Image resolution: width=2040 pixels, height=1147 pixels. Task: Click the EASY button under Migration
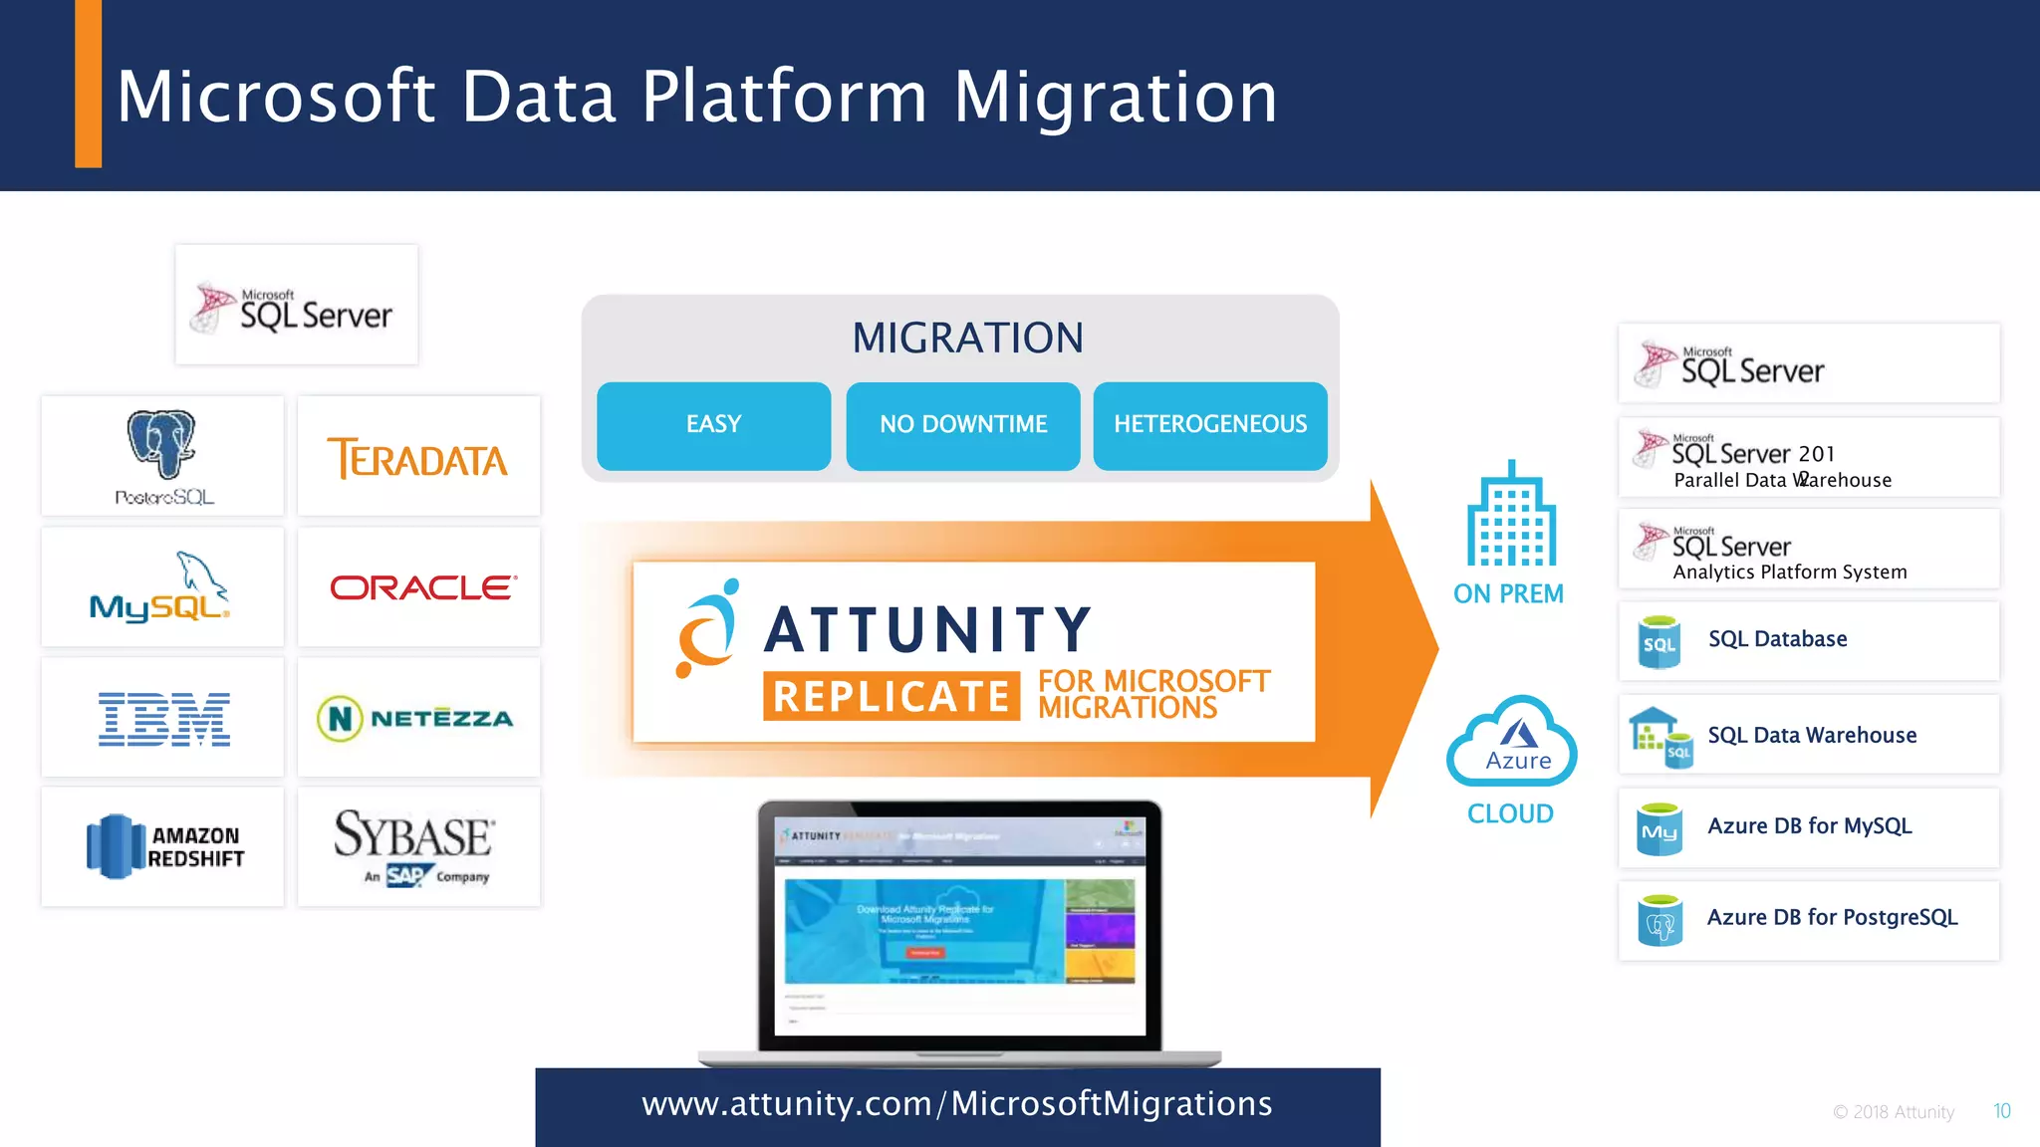coord(713,425)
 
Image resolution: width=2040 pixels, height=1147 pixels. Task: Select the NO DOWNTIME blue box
coord(962,425)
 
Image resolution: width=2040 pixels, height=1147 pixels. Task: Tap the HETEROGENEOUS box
coord(1209,425)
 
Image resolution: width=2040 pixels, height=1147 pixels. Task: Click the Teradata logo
coord(418,458)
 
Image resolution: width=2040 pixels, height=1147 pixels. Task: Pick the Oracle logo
coord(422,587)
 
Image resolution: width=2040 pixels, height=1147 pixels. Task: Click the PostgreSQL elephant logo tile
coord(162,456)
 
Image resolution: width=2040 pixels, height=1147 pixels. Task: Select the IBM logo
coord(164,718)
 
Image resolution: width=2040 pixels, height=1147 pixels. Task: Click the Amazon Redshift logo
coord(164,846)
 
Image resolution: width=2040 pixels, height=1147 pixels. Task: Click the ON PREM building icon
coord(1510,516)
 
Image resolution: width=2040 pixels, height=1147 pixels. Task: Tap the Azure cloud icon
coord(1512,743)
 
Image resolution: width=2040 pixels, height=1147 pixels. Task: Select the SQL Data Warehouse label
coord(1811,736)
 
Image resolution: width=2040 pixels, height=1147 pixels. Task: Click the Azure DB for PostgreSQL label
coord(1831,918)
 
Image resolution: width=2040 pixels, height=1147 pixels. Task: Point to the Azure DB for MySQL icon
coord(1659,829)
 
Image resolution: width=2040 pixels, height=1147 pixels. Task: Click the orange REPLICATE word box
coord(891,696)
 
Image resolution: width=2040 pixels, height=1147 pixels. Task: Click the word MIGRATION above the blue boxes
coord(966,339)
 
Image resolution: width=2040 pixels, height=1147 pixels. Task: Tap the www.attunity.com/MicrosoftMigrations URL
coord(956,1104)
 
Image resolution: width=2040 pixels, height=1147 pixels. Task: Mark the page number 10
coord(2001,1111)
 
